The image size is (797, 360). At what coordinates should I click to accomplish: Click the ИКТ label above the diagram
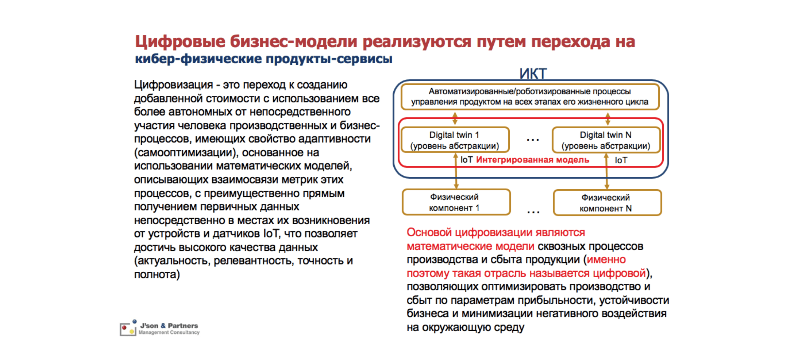(x=533, y=74)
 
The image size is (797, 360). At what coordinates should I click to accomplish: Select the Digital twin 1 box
(x=455, y=140)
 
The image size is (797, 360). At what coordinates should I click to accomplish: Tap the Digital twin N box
(x=606, y=140)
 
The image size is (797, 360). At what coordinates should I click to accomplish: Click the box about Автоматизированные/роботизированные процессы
(x=530, y=97)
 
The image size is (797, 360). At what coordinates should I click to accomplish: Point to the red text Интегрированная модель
(x=533, y=160)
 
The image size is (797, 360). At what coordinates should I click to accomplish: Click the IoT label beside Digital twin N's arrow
(x=621, y=160)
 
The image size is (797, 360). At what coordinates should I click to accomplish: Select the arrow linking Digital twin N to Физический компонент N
(x=607, y=172)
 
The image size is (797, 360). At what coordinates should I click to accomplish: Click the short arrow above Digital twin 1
(x=455, y=118)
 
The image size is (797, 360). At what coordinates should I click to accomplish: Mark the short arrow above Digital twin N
(x=608, y=118)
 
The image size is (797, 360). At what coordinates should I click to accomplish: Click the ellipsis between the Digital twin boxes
(x=533, y=140)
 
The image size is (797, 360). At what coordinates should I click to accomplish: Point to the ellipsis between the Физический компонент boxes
(x=533, y=212)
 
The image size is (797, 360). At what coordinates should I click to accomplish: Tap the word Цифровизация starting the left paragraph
(x=173, y=85)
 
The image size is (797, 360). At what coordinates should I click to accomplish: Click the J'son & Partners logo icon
(x=128, y=328)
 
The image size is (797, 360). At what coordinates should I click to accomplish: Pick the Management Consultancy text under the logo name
(x=169, y=332)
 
